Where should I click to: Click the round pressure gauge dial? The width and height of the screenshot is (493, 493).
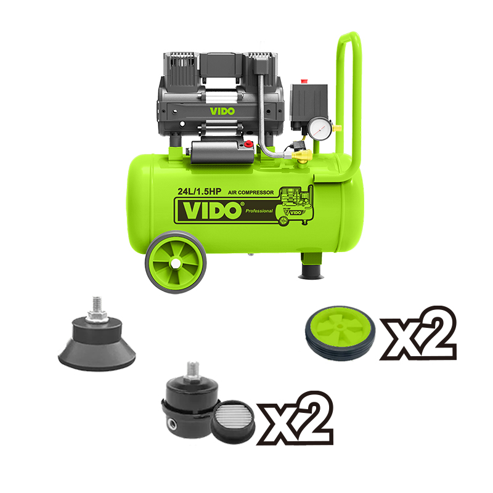pyautogui.click(x=320, y=128)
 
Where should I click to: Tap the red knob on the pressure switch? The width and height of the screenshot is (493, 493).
pyautogui.click(x=303, y=81)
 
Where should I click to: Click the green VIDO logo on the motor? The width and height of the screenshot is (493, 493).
pyautogui.click(x=222, y=112)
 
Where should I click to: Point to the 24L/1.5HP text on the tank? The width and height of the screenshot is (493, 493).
pyautogui.click(x=199, y=191)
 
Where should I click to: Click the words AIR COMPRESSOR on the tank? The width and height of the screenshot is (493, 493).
pyautogui.click(x=251, y=192)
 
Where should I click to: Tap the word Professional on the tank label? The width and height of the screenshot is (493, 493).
pyautogui.click(x=259, y=211)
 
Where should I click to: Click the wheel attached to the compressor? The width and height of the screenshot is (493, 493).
pyautogui.click(x=176, y=262)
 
